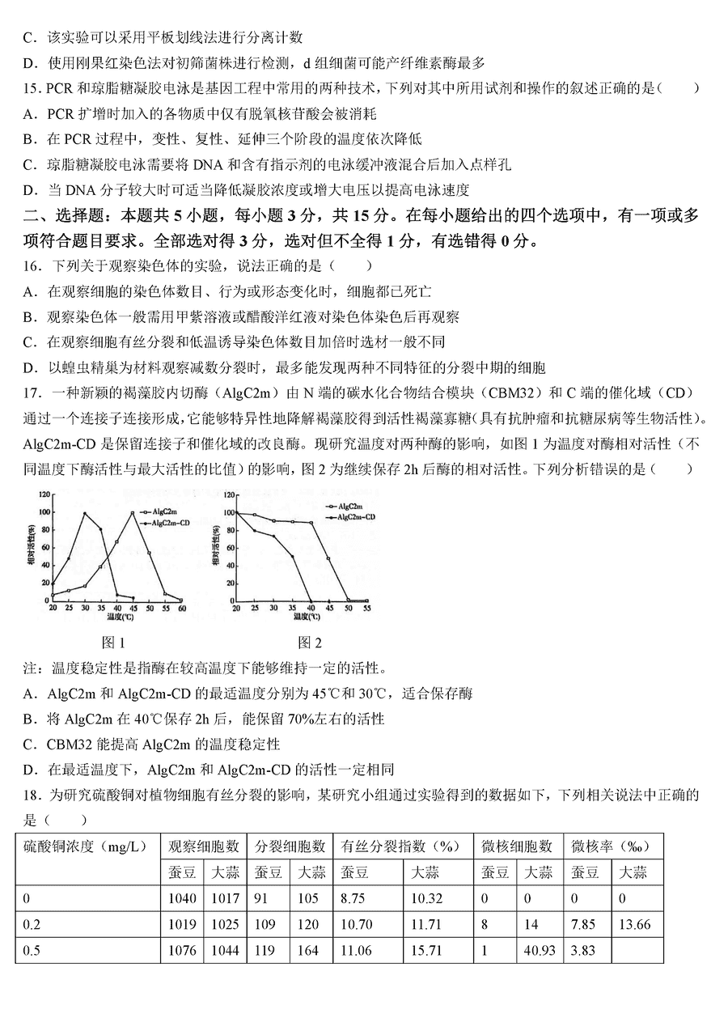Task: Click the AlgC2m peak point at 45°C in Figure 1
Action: (132, 512)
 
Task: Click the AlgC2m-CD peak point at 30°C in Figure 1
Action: (84, 513)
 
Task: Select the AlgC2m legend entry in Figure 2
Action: (349, 505)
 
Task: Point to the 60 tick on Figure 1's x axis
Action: (181, 608)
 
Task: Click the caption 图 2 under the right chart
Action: (310, 643)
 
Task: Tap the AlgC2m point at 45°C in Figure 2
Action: (328, 558)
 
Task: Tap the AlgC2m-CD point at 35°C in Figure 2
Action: (293, 556)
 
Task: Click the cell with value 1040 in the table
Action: (182, 898)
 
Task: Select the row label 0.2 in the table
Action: (32, 924)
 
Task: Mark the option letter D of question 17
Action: (31, 768)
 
